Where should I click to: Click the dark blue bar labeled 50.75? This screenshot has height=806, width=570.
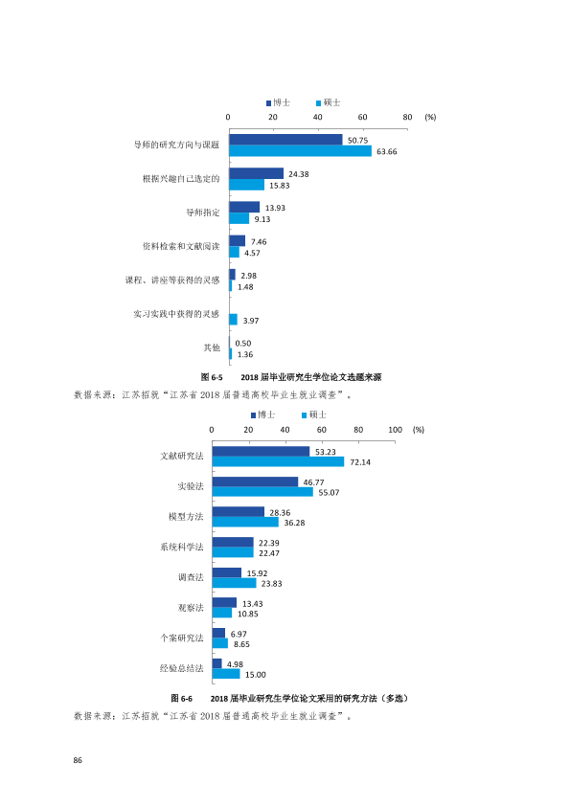[x=286, y=140]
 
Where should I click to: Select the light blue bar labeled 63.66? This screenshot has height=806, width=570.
[x=301, y=150]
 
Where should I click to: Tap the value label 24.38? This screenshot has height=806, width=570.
[x=298, y=174]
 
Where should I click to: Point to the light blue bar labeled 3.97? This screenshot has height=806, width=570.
[x=234, y=320]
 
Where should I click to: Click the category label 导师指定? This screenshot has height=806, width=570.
[x=203, y=213]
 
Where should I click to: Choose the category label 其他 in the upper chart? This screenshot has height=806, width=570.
[x=212, y=348]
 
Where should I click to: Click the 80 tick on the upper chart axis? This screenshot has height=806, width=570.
[x=407, y=117]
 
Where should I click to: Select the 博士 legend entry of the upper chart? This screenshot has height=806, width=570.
[x=278, y=102]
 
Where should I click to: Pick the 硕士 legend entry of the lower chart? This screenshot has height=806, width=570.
[x=314, y=414]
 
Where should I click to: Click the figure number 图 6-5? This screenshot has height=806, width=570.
[x=212, y=377]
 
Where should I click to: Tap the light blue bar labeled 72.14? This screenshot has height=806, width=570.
[x=279, y=461]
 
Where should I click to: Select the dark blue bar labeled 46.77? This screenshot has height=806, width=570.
[x=255, y=481]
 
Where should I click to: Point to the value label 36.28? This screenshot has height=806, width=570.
[x=294, y=523]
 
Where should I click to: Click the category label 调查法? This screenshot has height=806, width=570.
[x=191, y=577]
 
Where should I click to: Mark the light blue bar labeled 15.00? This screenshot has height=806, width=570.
[x=226, y=674]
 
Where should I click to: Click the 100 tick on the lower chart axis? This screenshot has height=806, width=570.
[x=395, y=430]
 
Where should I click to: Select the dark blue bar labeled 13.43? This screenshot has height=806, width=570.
[x=225, y=603]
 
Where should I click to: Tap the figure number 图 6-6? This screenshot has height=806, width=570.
[x=182, y=699]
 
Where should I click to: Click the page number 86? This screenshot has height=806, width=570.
[x=78, y=760]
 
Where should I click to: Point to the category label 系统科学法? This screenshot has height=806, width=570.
[x=182, y=547]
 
